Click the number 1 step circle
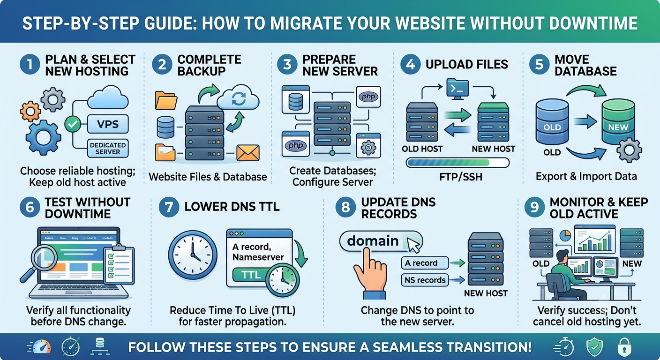click(x=30, y=65)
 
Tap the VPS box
click(x=108, y=124)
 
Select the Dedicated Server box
click(x=108, y=148)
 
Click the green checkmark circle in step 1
click(x=73, y=124)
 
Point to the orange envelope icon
click(x=248, y=153)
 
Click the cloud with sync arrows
click(x=238, y=98)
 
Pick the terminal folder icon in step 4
click(x=457, y=88)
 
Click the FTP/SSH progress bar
click(x=457, y=163)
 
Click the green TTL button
click(x=251, y=275)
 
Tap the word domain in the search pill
click(x=373, y=241)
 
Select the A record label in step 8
click(x=425, y=263)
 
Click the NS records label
click(x=425, y=280)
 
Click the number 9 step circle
click(x=534, y=207)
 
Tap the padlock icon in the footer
click(x=624, y=347)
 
